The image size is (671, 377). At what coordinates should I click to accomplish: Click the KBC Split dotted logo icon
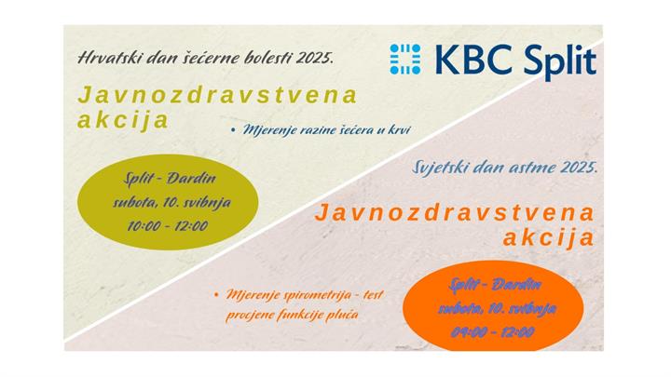pyautogui.click(x=405, y=59)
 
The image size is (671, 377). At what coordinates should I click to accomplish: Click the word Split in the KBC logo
pyautogui.click(x=550, y=61)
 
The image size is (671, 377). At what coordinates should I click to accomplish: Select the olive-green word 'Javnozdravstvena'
pyautogui.click(x=218, y=96)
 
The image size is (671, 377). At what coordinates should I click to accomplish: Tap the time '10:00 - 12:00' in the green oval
pyautogui.click(x=166, y=225)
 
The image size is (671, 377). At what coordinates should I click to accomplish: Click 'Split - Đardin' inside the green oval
pyautogui.click(x=164, y=178)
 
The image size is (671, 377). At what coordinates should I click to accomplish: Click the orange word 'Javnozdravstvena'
pyautogui.click(x=455, y=212)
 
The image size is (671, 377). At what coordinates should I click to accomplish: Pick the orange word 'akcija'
pyautogui.click(x=548, y=237)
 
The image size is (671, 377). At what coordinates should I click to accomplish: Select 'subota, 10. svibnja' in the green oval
pyautogui.click(x=165, y=201)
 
